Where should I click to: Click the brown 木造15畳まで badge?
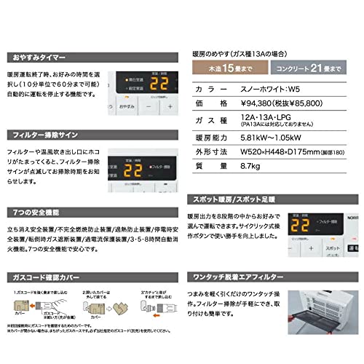tap(226, 68)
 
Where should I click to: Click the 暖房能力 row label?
tap(212, 135)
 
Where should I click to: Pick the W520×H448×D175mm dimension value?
tap(287, 151)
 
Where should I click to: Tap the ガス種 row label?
tap(212, 119)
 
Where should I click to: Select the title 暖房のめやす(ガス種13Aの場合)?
tap(248, 52)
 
